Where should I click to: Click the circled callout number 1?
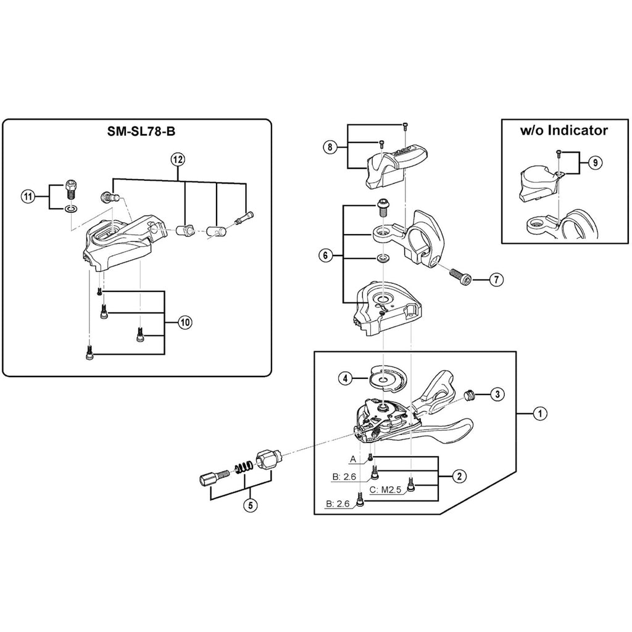coord(539,414)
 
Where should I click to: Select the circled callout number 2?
coord(459,476)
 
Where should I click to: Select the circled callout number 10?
coord(183,322)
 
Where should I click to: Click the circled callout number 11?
coord(27,197)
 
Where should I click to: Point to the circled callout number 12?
coord(178,159)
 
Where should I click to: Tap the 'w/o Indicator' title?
coord(563,130)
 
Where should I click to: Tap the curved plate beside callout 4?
coord(386,378)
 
